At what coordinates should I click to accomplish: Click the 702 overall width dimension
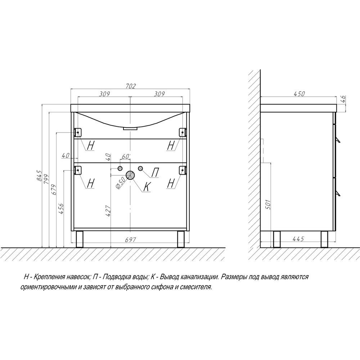pyautogui.click(x=131, y=86)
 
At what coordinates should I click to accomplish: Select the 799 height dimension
pyautogui.click(x=46, y=179)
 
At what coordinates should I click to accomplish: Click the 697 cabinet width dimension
pyautogui.click(x=131, y=239)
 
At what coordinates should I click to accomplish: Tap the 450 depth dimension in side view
pyautogui.click(x=300, y=94)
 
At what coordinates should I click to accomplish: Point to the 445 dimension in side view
pyautogui.click(x=298, y=239)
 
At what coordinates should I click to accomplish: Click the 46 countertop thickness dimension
pyautogui.click(x=343, y=100)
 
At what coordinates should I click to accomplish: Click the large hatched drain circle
pyautogui.click(x=130, y=175)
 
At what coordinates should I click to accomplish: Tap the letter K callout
pyautogui.click(x=147, y=187)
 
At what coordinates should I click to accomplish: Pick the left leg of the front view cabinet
pyautogui.click(x=80, y=239)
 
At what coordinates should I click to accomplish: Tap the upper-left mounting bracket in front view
pyautogui.click(x=78, y=132)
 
